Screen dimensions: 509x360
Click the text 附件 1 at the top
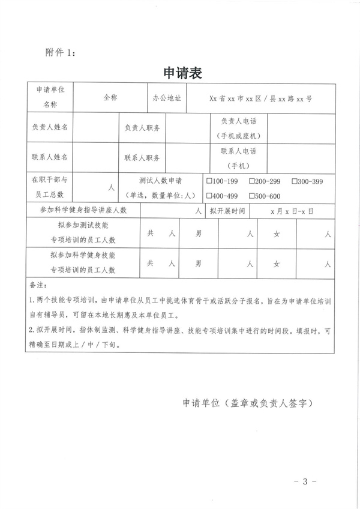[x=61, y=52]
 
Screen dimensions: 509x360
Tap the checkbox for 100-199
[x=209, y=181]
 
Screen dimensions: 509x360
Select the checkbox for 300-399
[x=294, y=181]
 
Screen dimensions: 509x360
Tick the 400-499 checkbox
[x=209, y=196]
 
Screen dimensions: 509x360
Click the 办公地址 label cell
[x=166, y=97]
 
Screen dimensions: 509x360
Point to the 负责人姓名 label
[x=50, y=128]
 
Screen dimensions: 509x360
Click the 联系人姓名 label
[x=50, y=158]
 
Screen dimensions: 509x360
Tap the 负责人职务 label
[x=142, y=128]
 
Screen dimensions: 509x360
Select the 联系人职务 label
[x=142, y=158]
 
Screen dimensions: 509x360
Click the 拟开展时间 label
[x=227, y=211]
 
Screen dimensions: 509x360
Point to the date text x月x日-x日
[x=292, y=211]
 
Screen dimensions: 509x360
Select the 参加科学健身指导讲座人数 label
[x=83, y=211]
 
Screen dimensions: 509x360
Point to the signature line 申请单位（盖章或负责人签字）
[x=246, y=403]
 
